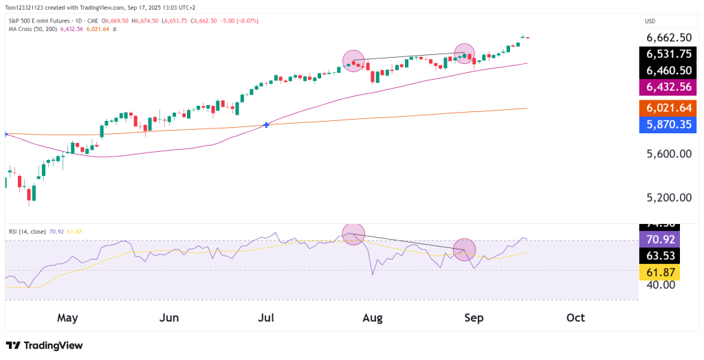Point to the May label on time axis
point(67,318)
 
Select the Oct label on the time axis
point(575,318)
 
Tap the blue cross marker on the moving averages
point(266,125)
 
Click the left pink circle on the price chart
point(353,61)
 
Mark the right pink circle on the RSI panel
point(465,250)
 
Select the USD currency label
point(649,21)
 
